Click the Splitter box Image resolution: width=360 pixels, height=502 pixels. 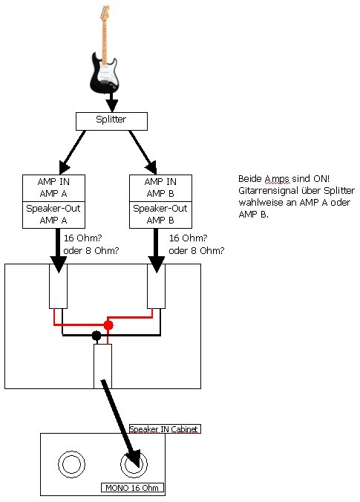click(111, 121)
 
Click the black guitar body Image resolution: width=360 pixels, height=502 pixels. click(105, 72)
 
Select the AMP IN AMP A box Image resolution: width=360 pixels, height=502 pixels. click(53, 188)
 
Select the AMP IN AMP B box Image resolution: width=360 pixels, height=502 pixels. click(160, 188)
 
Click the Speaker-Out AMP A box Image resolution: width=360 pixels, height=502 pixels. click(53, 215)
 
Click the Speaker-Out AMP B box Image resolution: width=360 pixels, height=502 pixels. click(160, 215)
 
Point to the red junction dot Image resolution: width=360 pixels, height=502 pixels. click(108, 325)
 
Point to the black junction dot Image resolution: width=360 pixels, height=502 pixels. click(96, 336)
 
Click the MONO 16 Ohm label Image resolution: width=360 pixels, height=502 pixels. click(132, 488)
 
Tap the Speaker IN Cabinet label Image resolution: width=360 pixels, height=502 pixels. click(165, 429)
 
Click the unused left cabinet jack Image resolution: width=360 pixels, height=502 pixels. click(71, 451)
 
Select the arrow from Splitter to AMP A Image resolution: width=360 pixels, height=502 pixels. click(73, 151)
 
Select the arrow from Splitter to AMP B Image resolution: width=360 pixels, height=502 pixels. click(143, 151)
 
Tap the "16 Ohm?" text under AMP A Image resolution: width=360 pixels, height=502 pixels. click(83, 238)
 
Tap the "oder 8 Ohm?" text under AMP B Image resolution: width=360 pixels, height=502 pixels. click(197, 250)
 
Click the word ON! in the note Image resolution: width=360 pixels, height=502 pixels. click(321, 178)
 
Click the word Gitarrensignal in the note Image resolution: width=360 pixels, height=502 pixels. click(270, 191)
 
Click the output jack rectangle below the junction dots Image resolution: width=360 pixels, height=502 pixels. click(102, 366)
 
